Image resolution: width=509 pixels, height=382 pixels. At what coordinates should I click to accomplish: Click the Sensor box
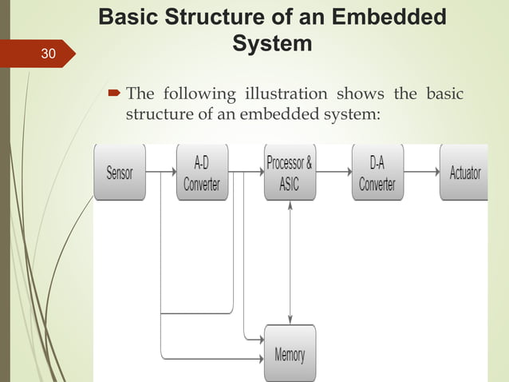[120, 172]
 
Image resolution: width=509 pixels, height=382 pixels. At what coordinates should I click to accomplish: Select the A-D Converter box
[202, 172]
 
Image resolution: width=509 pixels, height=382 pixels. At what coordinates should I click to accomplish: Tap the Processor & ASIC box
[290, 172]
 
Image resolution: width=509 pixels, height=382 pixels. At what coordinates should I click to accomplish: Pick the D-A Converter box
[377, 172]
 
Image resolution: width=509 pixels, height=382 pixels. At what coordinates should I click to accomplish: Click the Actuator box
[464, 172]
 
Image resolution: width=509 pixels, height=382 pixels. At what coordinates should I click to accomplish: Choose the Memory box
[290, 353]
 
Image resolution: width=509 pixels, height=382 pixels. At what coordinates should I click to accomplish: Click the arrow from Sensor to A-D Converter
[160, 171]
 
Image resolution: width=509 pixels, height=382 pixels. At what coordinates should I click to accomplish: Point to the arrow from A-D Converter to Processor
[246, 171]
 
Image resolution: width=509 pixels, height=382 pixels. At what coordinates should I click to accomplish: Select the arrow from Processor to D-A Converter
[333, 171]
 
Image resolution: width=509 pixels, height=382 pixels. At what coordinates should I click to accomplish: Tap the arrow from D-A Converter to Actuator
[420, 171]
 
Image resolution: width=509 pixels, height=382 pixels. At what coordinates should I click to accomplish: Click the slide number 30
[48, 54]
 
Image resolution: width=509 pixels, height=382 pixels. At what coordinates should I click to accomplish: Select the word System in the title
[272, 44]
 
